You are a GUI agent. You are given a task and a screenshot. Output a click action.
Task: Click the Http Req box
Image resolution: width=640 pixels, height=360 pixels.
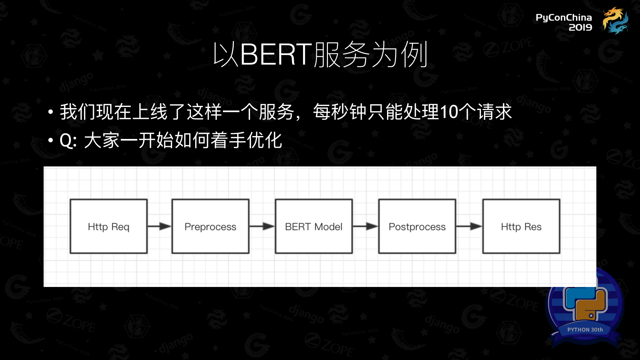click(109, 226)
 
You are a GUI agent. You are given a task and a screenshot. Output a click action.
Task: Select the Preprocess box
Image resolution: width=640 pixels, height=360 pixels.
click(210, 226)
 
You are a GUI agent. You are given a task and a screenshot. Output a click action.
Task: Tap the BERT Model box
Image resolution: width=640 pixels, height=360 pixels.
click(314, 226)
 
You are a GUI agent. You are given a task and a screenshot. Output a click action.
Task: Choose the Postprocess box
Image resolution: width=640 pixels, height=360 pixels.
click(417, 226)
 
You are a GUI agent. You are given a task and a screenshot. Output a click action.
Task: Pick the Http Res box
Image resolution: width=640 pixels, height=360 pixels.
click(521, 226)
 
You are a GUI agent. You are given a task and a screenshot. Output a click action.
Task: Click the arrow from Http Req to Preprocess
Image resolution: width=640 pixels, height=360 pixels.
click(160, 226)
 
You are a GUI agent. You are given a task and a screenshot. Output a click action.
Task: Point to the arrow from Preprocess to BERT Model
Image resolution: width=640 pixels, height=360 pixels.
click(262, 226)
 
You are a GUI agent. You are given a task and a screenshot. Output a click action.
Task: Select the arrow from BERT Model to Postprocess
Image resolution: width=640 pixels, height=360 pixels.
click(365, 226)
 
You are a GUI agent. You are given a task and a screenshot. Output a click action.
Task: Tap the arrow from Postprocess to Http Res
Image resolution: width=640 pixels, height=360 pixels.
click(469, 226)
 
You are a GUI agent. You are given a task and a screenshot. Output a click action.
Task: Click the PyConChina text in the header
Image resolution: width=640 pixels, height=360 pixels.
click(564, 17)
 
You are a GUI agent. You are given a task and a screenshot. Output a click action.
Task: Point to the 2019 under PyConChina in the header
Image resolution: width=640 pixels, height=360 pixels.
click(580, 27)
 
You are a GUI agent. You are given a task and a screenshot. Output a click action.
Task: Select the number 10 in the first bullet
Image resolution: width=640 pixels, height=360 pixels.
click(449, 112)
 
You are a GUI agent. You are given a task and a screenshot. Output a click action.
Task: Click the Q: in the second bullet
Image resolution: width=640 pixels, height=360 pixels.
click(68, 141)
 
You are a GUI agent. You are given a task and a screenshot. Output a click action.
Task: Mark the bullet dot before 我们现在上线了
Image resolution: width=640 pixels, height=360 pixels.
click(50, 112)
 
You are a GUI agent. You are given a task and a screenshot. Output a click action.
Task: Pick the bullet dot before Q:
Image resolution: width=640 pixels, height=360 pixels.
click(50, 140)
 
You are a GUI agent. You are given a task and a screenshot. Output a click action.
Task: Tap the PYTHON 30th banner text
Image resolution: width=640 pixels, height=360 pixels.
click(585, 330)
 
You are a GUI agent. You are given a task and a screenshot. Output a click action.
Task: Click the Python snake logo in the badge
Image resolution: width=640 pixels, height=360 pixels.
click(585, 302)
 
